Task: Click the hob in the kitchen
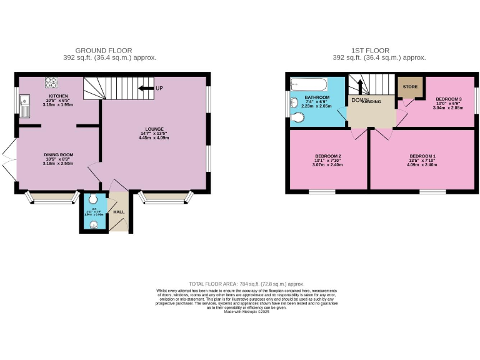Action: click(51, 82)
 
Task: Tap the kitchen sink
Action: click(24, 106)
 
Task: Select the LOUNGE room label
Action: click(153, 131)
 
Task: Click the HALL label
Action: click(119, 212)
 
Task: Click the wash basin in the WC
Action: click(94, 226)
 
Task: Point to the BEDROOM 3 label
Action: click(448, 100)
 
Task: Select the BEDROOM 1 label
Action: click(422, 156)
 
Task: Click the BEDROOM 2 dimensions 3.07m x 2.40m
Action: click(327, 164)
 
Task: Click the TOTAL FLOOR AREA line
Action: click(241, 283)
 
